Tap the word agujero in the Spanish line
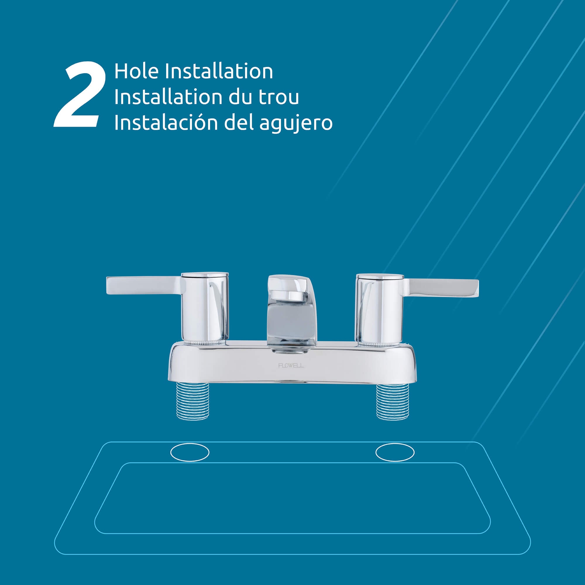pyautogui.click(x=295, y=123)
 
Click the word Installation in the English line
pyautogui.click(x=218, y=72)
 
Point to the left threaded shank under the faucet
pyautogui.click(x=192, y=401)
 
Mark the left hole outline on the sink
pyautogui.click(x=190, y=453)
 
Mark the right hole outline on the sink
pyautogui.click(x=395, y=453)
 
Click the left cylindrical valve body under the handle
pyautogui.click(x=205, y=312)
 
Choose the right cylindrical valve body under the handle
pyautogui.click(x=380, y=312)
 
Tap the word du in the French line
pyautogui.click(x=238, y=97)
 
